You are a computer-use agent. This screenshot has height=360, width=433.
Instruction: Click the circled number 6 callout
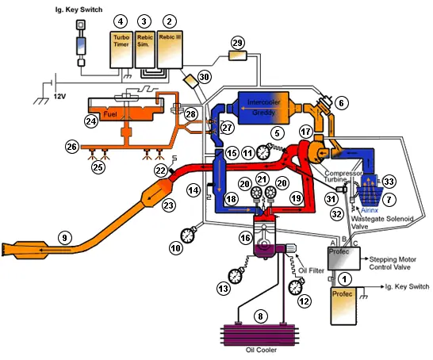pos(339,102)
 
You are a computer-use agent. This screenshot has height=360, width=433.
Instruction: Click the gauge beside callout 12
pos(298,285)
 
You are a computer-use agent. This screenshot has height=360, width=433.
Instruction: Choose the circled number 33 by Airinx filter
pos(390,181)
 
